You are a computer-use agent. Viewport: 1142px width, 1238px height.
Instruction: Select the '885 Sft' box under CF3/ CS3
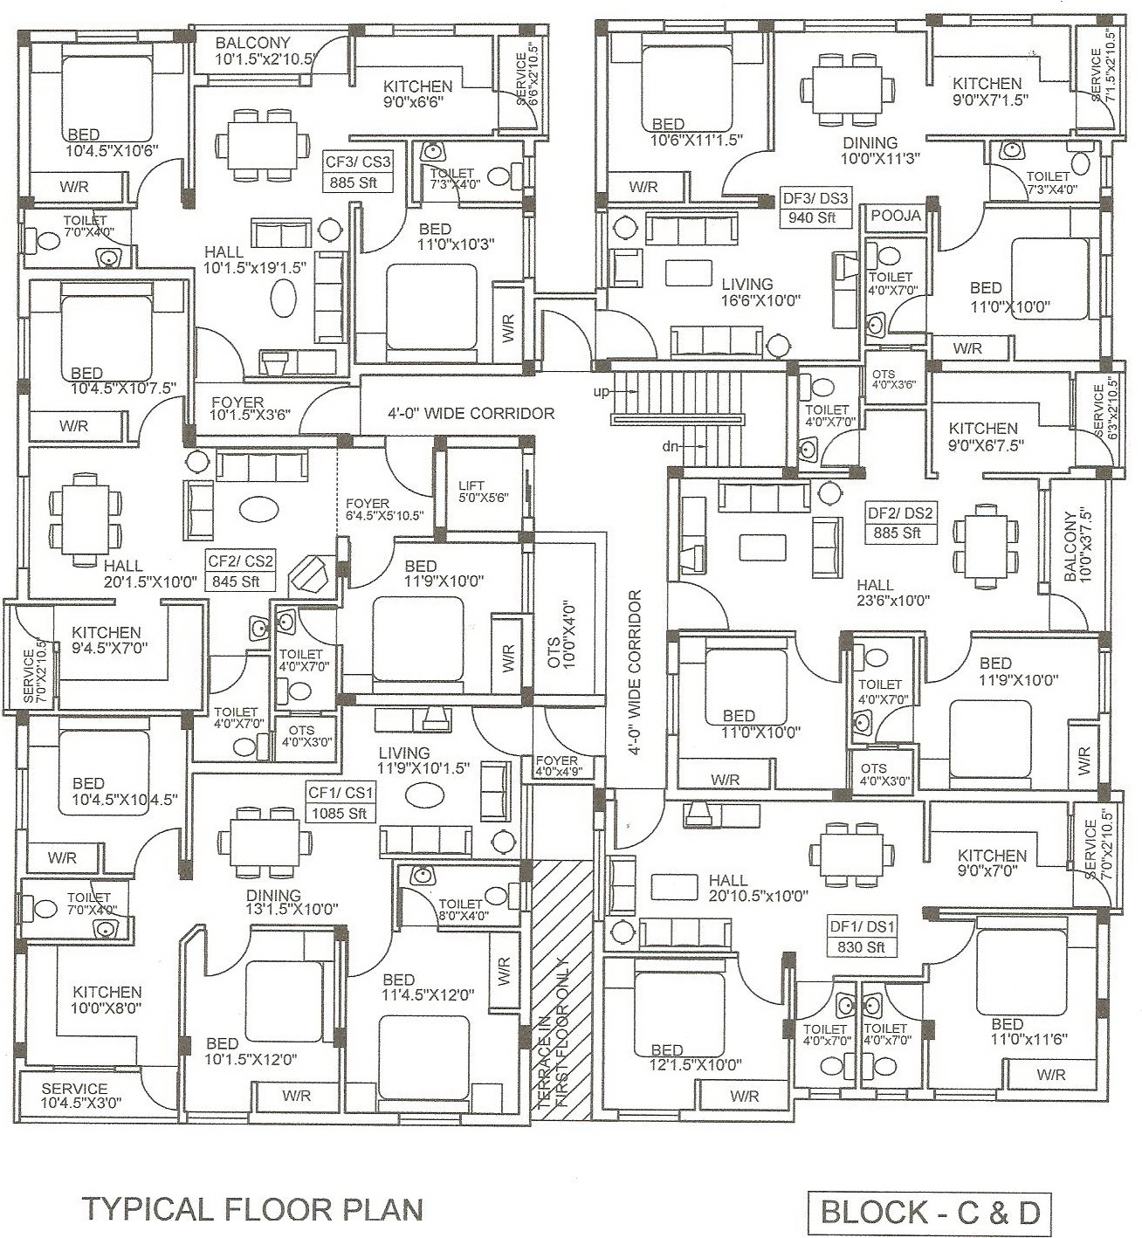358,183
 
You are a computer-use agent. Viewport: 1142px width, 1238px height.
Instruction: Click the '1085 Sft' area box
341,813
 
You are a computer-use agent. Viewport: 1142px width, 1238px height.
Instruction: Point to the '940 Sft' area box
815,217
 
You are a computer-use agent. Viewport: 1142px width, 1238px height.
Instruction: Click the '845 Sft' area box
240,581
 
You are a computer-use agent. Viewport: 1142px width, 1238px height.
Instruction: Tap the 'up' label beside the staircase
602,392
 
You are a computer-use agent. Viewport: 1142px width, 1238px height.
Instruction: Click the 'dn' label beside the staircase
671,446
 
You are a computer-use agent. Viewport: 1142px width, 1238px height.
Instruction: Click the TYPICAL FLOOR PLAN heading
252,1209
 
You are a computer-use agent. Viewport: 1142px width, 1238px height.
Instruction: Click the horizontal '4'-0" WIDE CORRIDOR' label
471,412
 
